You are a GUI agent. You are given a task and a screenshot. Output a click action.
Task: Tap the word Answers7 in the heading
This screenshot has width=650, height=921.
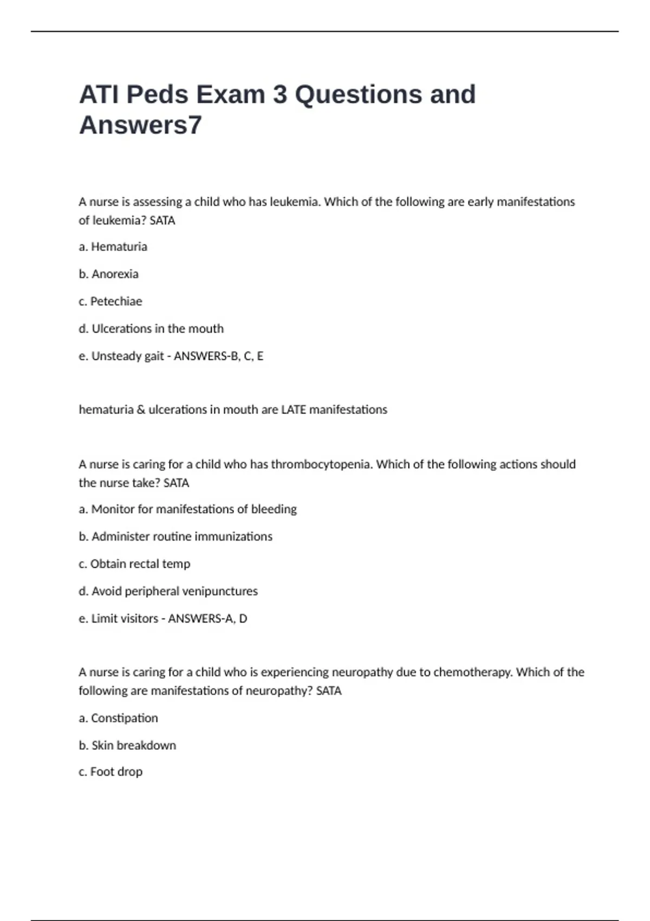pos(140,125)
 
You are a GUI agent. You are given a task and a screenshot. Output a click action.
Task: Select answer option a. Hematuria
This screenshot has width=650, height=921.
pos(113,247)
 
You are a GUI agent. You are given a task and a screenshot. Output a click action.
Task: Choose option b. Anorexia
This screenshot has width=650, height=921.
pos(108,274)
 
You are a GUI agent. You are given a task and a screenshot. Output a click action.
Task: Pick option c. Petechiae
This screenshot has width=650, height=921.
pos(110,301)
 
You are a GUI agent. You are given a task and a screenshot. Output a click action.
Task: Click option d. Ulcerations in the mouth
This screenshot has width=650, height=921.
pos(151,329)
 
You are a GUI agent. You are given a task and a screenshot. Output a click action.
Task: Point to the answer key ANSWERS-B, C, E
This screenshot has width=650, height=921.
pos(218,356)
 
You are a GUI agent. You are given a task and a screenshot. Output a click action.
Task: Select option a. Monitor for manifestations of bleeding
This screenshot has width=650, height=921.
pos(188,509)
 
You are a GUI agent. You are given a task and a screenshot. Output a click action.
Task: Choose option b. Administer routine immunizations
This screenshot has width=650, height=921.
pos(175,536)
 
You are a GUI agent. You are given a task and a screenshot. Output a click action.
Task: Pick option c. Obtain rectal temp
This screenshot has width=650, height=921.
pos(134,564)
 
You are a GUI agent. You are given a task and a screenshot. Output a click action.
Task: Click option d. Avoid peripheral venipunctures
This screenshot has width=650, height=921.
pos(168,591)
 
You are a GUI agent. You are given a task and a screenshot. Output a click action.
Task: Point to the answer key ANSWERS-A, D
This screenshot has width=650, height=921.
pos(207,619)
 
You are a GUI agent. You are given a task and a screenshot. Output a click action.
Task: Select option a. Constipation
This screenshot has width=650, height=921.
pos(118,718)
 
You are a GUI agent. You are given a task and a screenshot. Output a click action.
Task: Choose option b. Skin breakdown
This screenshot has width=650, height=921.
pos(127,745)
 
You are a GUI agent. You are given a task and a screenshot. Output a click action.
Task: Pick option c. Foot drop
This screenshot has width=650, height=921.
pos(110,772)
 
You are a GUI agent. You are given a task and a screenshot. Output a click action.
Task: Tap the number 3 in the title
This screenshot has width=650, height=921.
pos(280,95)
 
